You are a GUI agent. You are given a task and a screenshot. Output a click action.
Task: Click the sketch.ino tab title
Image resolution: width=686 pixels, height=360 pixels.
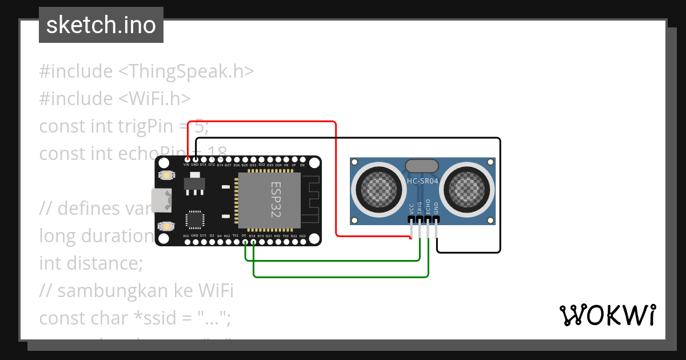[x=101, y=25]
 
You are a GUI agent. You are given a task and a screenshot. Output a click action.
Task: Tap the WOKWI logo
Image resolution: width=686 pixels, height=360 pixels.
[x=607, y=315]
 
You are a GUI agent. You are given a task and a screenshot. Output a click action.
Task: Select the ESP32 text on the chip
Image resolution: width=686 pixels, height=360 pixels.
[x=276, y=199]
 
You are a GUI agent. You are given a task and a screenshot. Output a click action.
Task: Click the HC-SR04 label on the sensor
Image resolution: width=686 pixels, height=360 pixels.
[x=422, y=181]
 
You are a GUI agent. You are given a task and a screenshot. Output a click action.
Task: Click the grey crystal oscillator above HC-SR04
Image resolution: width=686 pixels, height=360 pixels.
[x=422, y=166]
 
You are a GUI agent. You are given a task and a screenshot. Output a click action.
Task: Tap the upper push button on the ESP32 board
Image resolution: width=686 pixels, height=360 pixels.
[x=167, y=175]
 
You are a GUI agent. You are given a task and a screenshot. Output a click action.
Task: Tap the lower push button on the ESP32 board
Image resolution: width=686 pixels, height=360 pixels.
[x=167, y=226]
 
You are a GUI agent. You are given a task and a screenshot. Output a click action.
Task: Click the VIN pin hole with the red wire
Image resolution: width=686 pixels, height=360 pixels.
[x=187, y=159]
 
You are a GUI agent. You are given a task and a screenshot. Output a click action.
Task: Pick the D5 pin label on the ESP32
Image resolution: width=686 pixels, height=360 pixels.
[x=244, y=235]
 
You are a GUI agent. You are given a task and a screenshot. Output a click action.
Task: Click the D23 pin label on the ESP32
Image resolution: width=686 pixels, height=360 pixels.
[x=302, y=235]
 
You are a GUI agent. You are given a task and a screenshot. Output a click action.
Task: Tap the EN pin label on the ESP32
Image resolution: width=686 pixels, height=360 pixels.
[x=302, y=165]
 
